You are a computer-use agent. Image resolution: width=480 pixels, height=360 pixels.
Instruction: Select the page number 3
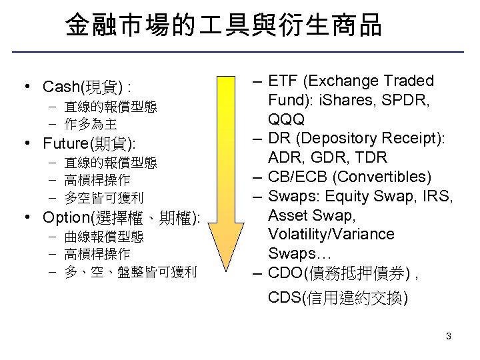pyautogui.click(x=449, y=336)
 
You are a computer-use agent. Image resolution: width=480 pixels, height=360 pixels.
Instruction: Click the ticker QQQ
pyautogui.click(x=287, y=120)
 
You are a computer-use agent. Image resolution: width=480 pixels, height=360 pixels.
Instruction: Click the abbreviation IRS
pyautogui.click(x=438, y=197)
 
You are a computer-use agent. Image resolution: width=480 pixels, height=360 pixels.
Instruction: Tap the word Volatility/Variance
pyautogui.click(x=331, y=235)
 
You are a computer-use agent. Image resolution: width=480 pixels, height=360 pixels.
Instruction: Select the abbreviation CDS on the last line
pyautogui.click(x=285, y=298)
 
